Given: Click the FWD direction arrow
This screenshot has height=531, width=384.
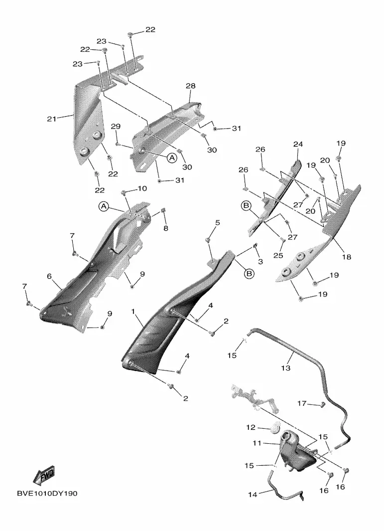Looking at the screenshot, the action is click(x=44, y=476).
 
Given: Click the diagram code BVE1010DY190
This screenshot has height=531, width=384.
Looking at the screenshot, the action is click(x=47, y=494).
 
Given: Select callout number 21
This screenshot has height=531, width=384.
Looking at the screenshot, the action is click(x=51, y=119).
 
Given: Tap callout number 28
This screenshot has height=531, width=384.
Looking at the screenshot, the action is click(x=190, y=86).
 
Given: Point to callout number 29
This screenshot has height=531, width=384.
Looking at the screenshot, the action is click(x=116, y=126).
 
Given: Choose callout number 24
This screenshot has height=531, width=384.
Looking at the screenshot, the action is click(x=298, y=144).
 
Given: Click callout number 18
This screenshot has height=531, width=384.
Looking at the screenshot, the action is click(x=347, y=257).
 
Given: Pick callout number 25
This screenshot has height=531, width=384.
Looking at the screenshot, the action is click(x=278, y=255).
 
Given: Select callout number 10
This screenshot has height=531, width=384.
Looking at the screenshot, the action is click(x=142, y=188).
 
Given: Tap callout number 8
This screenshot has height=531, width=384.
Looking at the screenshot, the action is click(x=166, y=228).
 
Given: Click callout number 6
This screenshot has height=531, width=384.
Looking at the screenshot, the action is click(x=49, y=276).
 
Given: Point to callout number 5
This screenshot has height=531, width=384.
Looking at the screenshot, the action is click(x=218, y=222).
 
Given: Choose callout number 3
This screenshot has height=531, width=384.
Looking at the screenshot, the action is click(x=260, y=261).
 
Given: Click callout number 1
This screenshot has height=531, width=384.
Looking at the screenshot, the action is click(x=133, y=311).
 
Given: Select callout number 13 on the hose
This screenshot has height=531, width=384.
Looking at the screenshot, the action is click(x=286, y=368).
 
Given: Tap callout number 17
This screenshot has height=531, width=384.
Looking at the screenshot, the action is click(x=302, y=403).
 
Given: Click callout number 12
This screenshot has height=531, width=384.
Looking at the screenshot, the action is click(x=251, y=427).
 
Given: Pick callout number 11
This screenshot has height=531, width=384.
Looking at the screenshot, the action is click(x=257, y=443).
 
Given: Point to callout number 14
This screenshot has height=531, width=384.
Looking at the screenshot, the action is click(x=253, y=495).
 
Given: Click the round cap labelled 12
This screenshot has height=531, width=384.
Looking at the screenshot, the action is click(x=276, y=427).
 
